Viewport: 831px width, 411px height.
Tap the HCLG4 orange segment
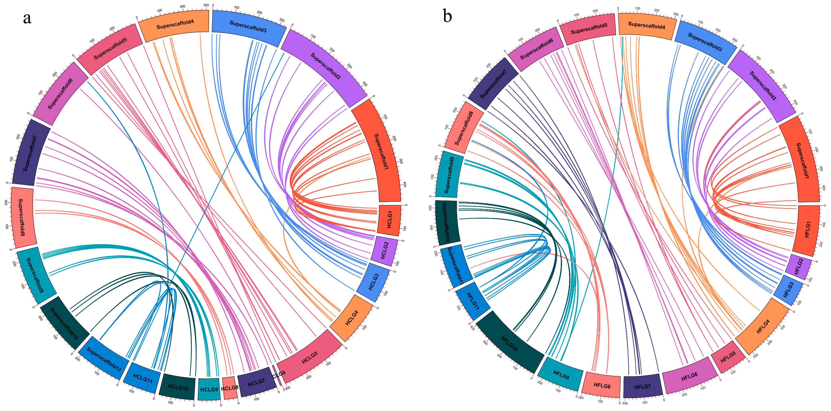(352, 318)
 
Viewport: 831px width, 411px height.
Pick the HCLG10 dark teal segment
(178, 387)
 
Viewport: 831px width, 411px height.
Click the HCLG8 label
(229, 388)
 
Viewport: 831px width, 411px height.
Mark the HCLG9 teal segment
(209, 389)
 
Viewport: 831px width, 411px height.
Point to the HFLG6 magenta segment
(689, 376)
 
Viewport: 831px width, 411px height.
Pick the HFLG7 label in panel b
(642, 386)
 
